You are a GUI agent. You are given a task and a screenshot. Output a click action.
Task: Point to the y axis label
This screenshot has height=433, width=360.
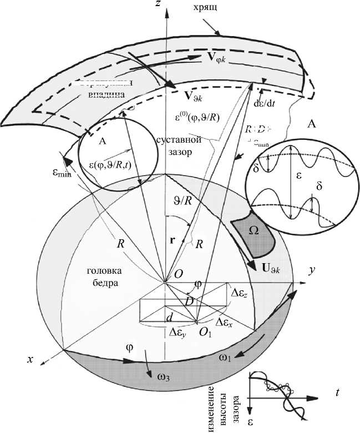coord(312,270)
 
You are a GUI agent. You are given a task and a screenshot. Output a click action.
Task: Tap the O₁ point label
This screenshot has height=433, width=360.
coord(205,333)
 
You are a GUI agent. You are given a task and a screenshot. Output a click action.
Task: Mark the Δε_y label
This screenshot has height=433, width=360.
coord(177,333)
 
